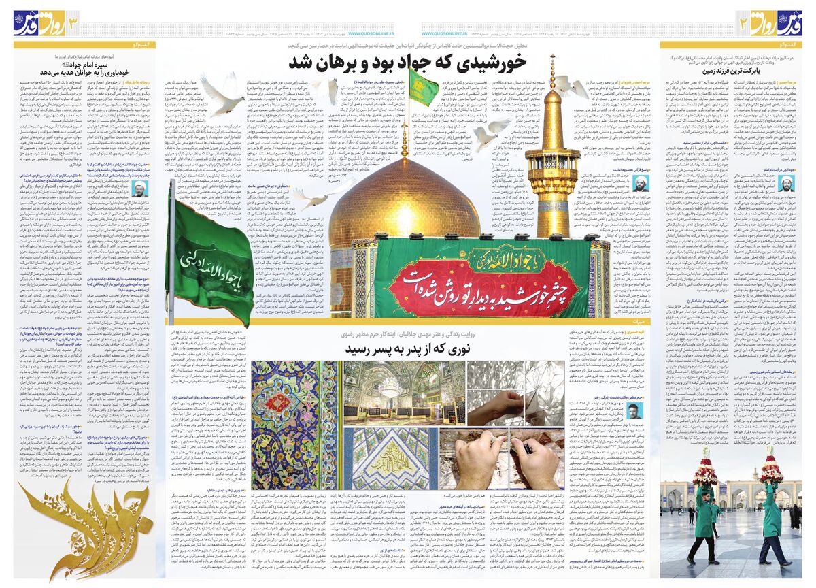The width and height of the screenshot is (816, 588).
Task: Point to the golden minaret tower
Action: pyautogui.click(x=552, y=163)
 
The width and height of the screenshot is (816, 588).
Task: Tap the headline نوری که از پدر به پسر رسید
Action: pyautogui.click(x=407, y=349)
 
